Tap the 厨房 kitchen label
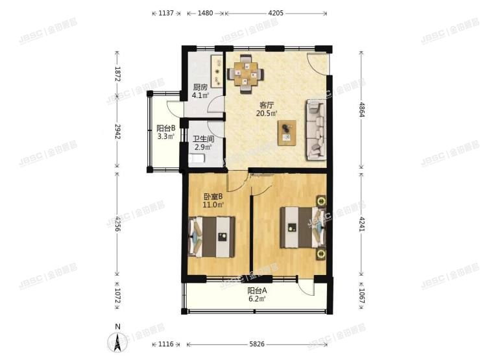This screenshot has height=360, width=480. [x=200, y=88]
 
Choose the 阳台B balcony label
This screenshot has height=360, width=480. [x=165, y=128]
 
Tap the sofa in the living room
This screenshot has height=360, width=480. [x=317, y=130]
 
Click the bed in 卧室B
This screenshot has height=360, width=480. [x=211, y=237]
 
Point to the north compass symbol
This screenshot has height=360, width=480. [x=115, y=339]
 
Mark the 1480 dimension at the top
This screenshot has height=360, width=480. [x=202, y=12]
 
